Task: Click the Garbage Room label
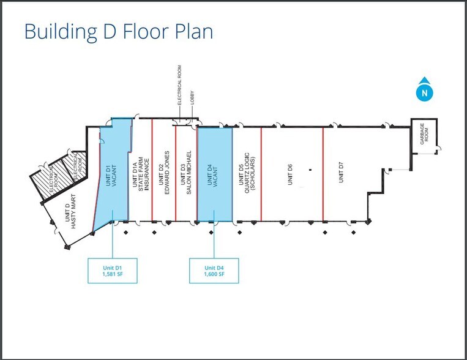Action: tap(424, 134)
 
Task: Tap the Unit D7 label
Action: tap(341, 172)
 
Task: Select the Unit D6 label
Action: tap(290, 174)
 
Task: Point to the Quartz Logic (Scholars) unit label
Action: tap(247, 173)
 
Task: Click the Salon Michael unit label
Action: tap(186, 173)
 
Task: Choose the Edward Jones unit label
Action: tap(164, 173)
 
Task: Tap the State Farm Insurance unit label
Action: tap(141, 174)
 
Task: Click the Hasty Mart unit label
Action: tap(70, 212)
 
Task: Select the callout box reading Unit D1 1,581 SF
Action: tap(113, 271)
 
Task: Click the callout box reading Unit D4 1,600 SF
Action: tap(214, 271)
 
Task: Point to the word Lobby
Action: tap(192, 97)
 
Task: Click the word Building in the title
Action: tap(61, 32)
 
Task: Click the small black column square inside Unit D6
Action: tap(310, 170)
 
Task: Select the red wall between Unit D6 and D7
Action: tap(323, 174)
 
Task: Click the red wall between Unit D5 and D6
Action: tap(261, 174)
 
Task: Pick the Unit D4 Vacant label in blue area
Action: tap(212, 176)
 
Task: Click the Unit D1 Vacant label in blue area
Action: tap(111, 176)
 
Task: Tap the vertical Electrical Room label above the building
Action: tap(179, 85)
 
